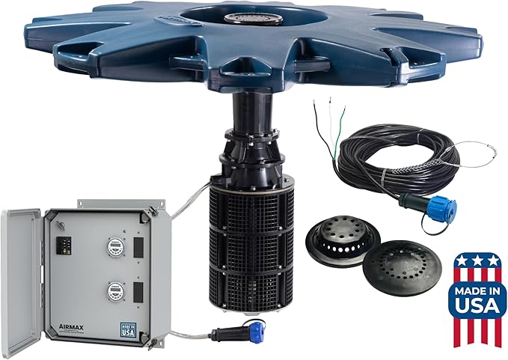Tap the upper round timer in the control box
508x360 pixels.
coord(114,248)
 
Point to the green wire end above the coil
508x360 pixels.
coord(342,113)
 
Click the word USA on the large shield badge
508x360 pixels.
coord(477,304)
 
